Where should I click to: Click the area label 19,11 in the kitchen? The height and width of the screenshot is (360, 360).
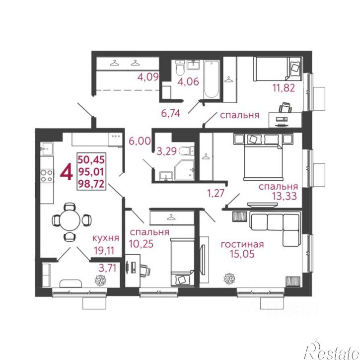(x=104, y=250)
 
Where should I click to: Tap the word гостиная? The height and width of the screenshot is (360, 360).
(x=242, y=244)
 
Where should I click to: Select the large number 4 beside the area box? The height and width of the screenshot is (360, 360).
(x=67, y=172)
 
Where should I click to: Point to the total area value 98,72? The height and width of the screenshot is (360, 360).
(x=91, y=184)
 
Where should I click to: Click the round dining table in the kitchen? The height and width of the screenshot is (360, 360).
(x=70, y=220)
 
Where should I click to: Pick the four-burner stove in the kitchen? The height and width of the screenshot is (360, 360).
(x=47, y=176)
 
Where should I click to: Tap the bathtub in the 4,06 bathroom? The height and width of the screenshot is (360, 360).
(x=212, y=79)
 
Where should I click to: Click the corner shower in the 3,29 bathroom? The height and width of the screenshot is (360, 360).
(x=184, y=170)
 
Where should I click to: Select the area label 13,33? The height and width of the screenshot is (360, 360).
(x=285, y=196)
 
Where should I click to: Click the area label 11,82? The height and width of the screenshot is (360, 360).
(x=284, y=88)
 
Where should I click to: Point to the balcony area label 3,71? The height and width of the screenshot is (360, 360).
(x=107, y=268)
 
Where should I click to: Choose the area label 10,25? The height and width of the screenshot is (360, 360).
(x=141, y=244)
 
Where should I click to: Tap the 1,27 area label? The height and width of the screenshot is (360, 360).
(x=216, y=193)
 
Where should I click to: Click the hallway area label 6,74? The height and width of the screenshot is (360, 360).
(x=171, y=113)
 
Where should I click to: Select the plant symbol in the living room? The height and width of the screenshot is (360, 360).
(x=229, y=279)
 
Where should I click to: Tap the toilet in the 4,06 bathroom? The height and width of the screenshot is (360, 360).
(x=180, y=68)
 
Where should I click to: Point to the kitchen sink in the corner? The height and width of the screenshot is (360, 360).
(x=47, y=149)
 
